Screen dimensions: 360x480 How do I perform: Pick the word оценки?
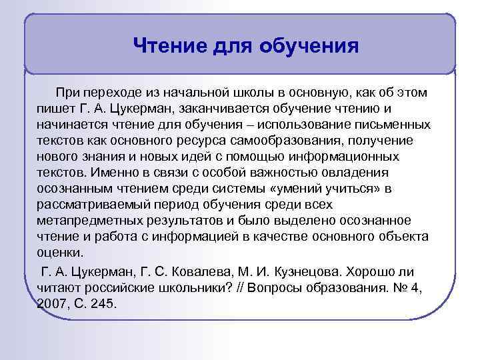click(60, 253)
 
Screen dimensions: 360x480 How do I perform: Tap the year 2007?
click(53, 303)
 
